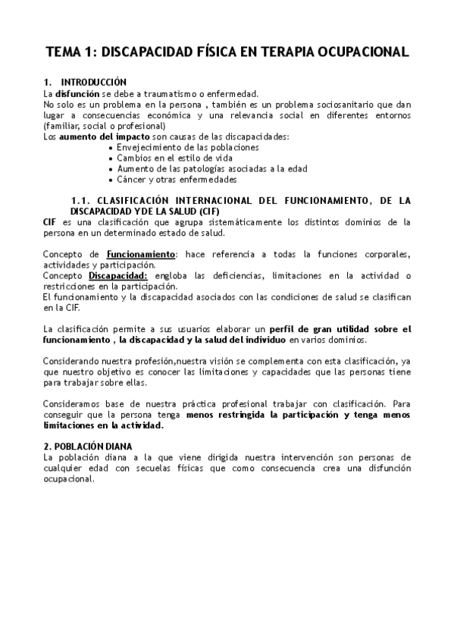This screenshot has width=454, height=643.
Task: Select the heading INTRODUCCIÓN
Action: click(x=94, y=82)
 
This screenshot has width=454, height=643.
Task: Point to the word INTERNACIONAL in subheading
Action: click(x=211, y=200)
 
